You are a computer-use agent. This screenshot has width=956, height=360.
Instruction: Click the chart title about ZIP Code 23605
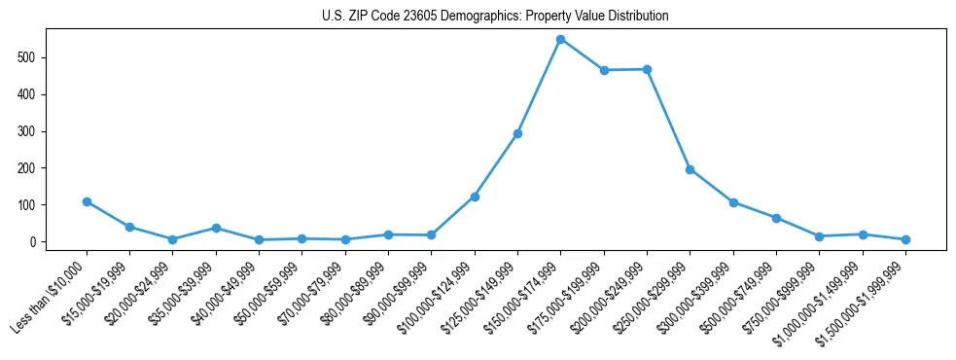click(495, 17)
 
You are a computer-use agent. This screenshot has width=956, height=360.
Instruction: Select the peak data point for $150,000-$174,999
click(560, 39)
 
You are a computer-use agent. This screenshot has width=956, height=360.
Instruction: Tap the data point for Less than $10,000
click(87, 202)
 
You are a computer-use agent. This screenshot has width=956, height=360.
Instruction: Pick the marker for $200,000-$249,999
click(647, 69)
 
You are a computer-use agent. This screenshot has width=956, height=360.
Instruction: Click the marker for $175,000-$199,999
click(604, 70)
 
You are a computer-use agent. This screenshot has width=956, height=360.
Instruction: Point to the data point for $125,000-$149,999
click(517, 133)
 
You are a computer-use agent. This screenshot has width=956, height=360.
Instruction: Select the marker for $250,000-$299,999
click(690, 169)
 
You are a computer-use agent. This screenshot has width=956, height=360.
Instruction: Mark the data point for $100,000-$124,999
click(475, 197)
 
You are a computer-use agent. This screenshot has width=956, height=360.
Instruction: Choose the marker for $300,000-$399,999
click(733, 202)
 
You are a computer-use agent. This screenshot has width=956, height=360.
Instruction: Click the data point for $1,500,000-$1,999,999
click(905, 239)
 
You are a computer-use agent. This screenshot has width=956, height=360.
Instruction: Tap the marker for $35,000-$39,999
click(216, 228)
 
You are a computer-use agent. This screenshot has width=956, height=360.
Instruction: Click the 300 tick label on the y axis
click(33, 131)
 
